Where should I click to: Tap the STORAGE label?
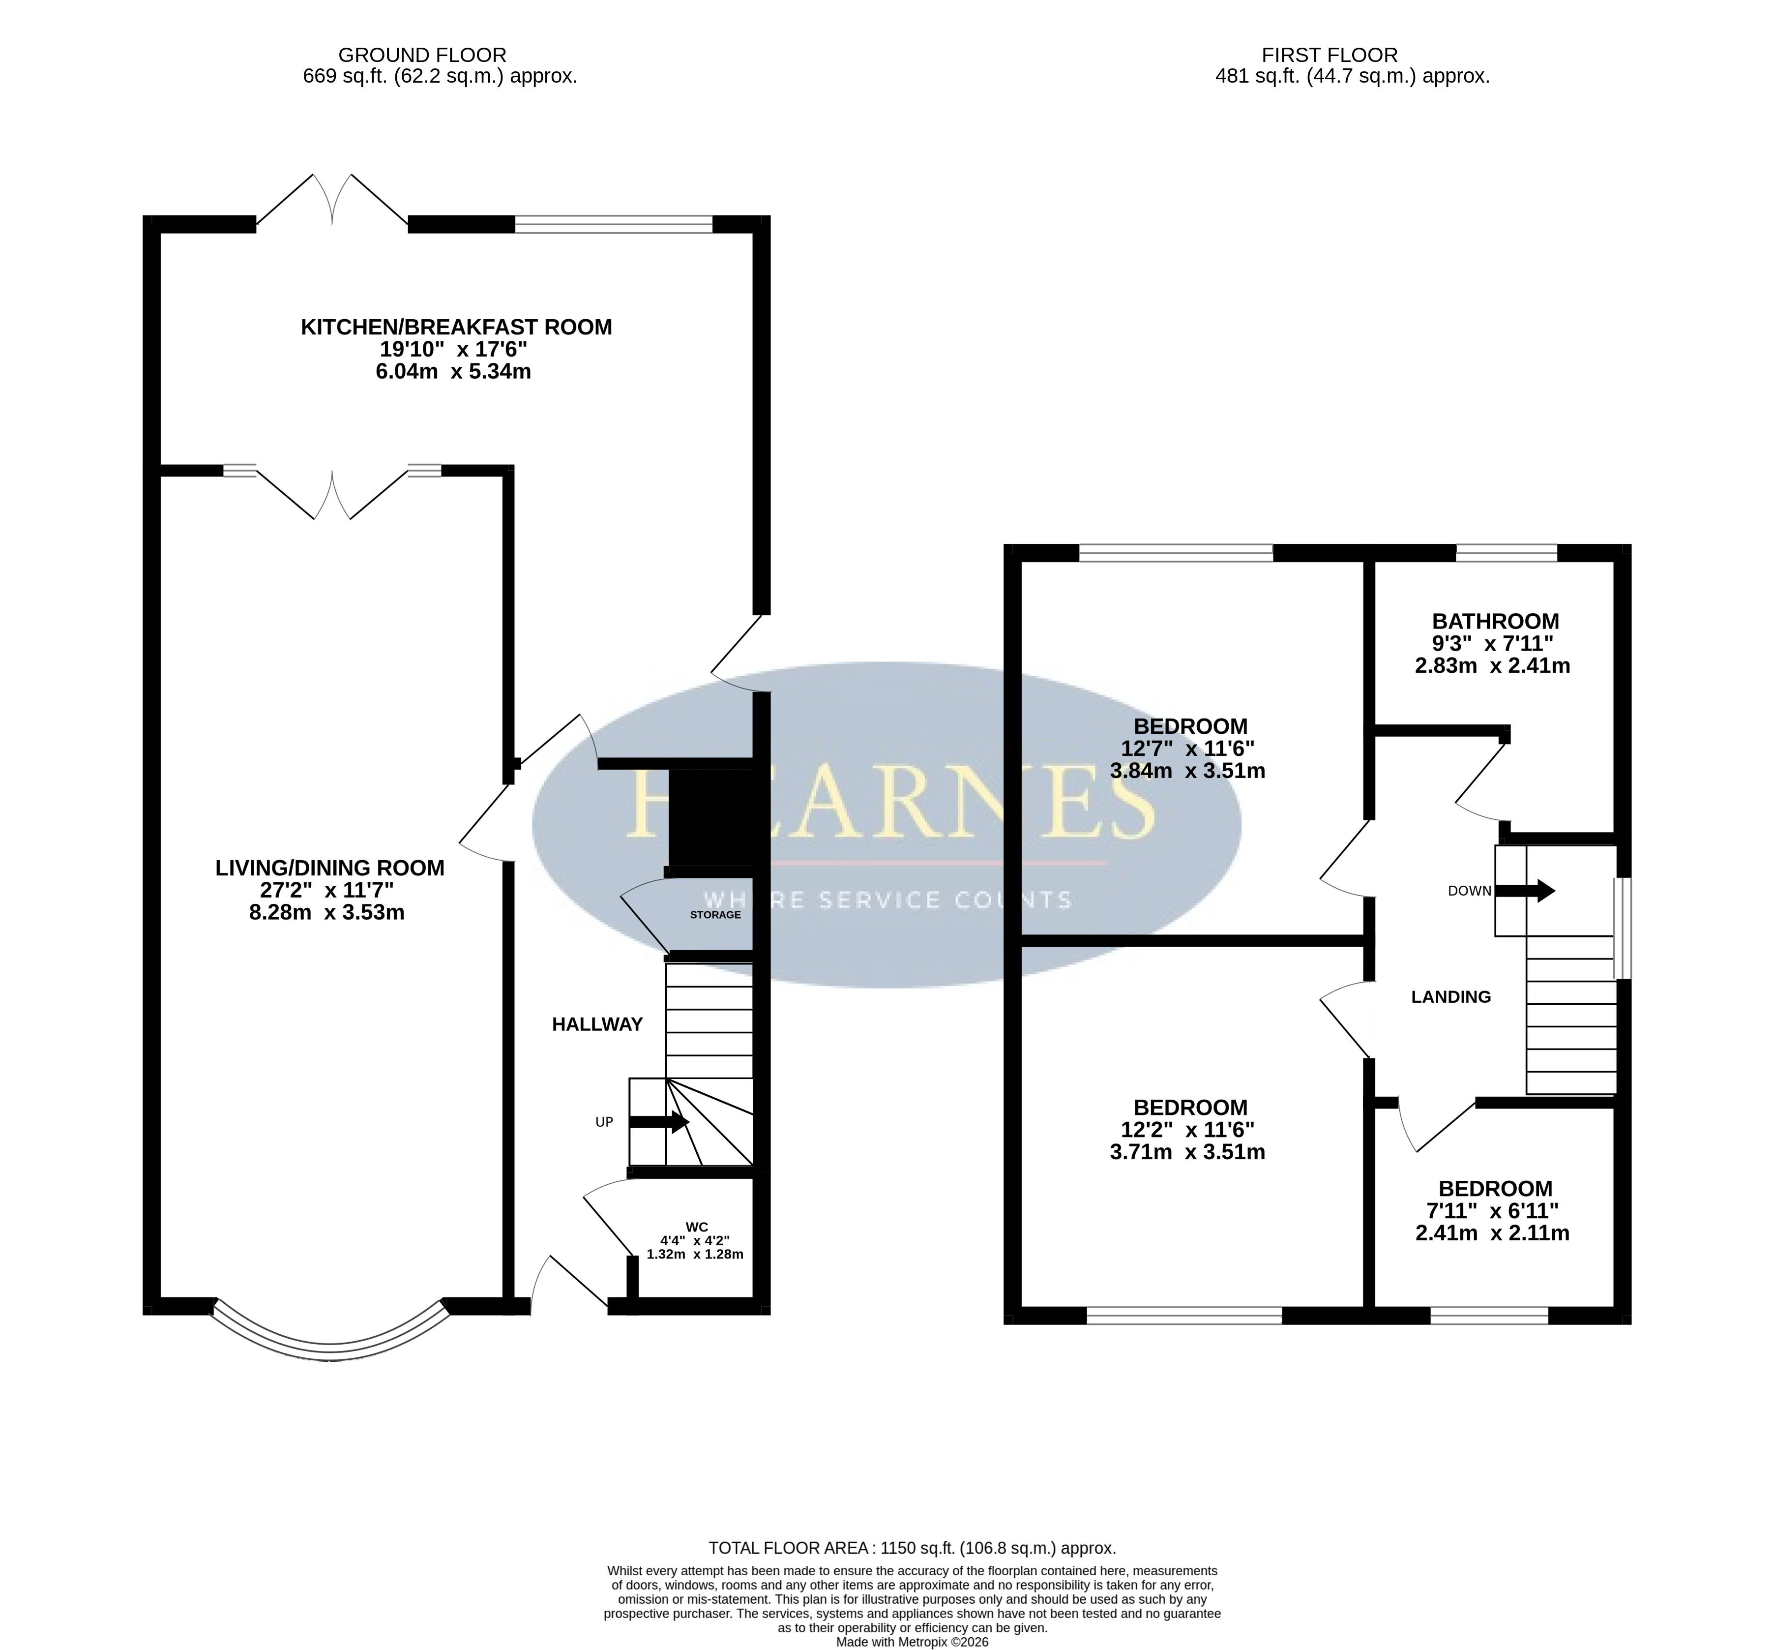pyautogui.click(x=715, y=915)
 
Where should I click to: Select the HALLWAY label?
pyautogui.click(x=597, y=1024)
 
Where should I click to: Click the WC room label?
pyautogui.click(x=696, y=1227)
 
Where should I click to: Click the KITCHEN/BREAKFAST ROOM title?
pyautogui.click(x=456, y=327)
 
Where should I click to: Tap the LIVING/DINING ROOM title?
pyautogui.click(x=329, y=868)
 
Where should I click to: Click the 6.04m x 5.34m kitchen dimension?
pyautogui.click(x=453, y=371)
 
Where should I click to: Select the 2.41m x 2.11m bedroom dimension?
pyautogui.click(x=1492, y=1233)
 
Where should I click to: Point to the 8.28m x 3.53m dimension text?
pyautogui.click(x=326, y=912)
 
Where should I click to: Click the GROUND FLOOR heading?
pyautogui.click(x=422, y=55)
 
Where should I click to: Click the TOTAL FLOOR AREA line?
pyautogui.click(x=912, y=1548)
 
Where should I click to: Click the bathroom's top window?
pyautogui.click(x=1507, y=553)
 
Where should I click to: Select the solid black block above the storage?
pyautogui.click(x=711, y=818)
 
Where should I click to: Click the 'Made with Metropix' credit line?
pyautogui.click(x=912, y=1641)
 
